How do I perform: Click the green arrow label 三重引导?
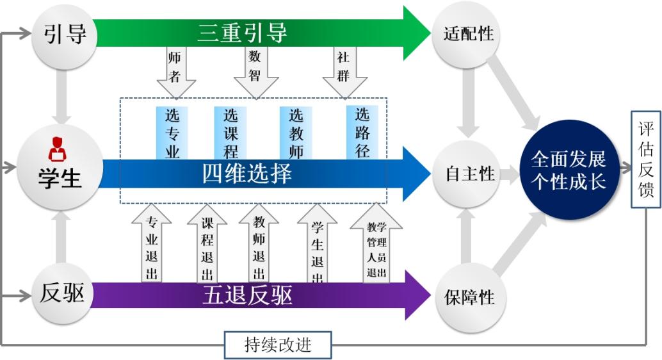(242, 33)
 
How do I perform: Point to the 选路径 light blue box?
(362, 131)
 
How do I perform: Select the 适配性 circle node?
(469, 34)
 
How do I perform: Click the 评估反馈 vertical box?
(645, 160)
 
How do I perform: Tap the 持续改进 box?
(278, 345)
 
